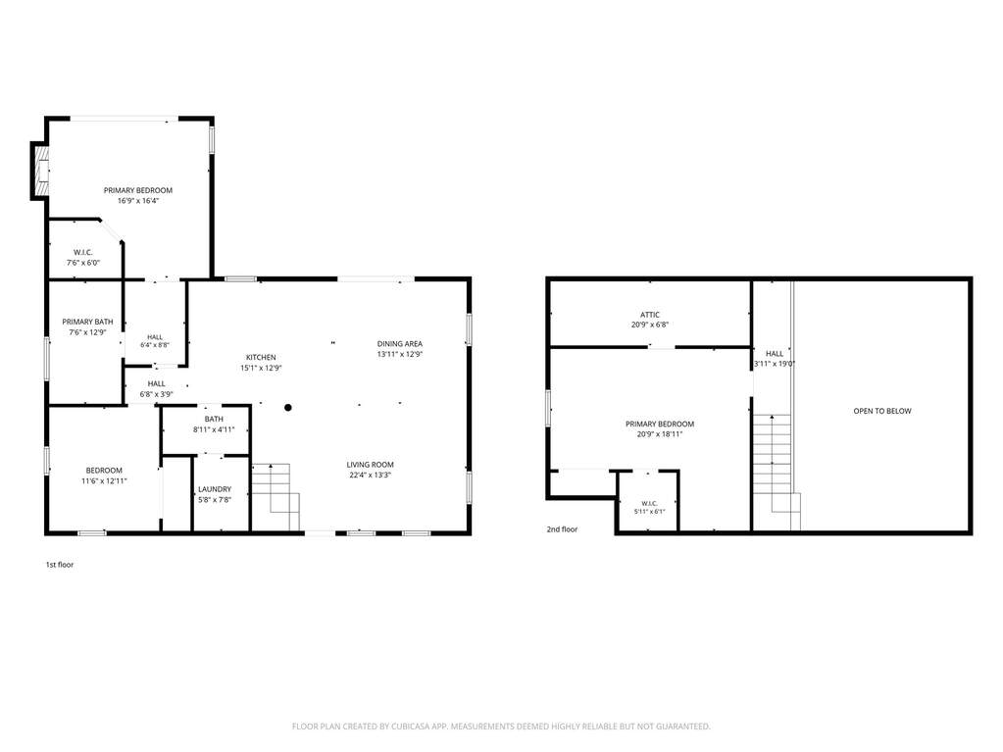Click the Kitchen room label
[x=261, y=358]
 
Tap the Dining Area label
[x=400, y=344]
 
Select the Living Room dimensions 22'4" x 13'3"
[x=370, y=476]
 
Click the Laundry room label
[x=215, y=489]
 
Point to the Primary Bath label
[x=87, y=322]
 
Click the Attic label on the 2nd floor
[x=650, y=315]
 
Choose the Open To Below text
[x=882, y=411]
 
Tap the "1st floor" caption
[x=60, y=565]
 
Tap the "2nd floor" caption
[x=562, y=529]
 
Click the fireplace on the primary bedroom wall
[x=39, y=171]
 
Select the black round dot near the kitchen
[x=288, y=407]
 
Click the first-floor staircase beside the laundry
[x=276, y=497]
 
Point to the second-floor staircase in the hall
[x=777, y=473]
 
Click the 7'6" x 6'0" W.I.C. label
[x=83, y=258]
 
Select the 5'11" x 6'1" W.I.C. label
[x=649, y=507]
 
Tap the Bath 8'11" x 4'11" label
[x=214, y=425]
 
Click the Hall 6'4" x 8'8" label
[x=155, y=341]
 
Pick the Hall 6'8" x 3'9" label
[x=156, y=389]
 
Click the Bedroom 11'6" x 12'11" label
[x=104, y=476]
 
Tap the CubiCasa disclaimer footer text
[x=501, y=727]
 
